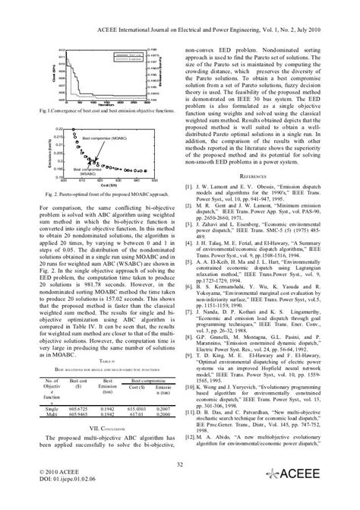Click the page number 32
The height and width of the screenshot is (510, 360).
pyautogui.click(x=179, y=464)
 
